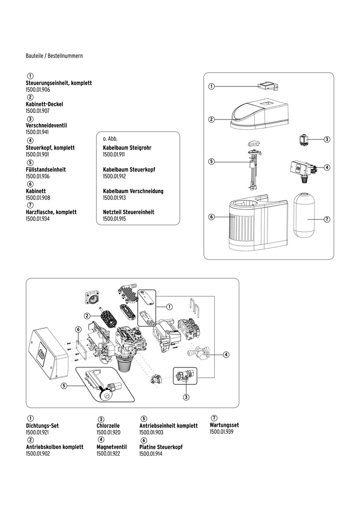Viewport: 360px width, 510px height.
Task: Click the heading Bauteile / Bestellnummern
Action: (54, 56)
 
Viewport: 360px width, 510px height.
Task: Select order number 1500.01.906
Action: (38, 89)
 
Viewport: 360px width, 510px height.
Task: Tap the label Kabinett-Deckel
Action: (44, 104)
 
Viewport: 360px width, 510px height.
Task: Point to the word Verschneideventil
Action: (46, 126)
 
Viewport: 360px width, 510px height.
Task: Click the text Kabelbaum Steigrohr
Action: (127, 148)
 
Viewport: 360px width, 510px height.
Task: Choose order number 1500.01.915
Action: (114, 219)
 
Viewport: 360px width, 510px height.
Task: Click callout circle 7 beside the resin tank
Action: (327, 220)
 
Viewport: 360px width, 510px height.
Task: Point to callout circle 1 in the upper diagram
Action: (212, 86)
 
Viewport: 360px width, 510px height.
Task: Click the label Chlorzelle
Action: (108, 425)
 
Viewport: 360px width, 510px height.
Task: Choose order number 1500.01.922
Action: (109, 453)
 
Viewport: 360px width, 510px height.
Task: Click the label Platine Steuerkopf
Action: (161, 447)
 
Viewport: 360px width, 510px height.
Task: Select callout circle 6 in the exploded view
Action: (79, 329)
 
